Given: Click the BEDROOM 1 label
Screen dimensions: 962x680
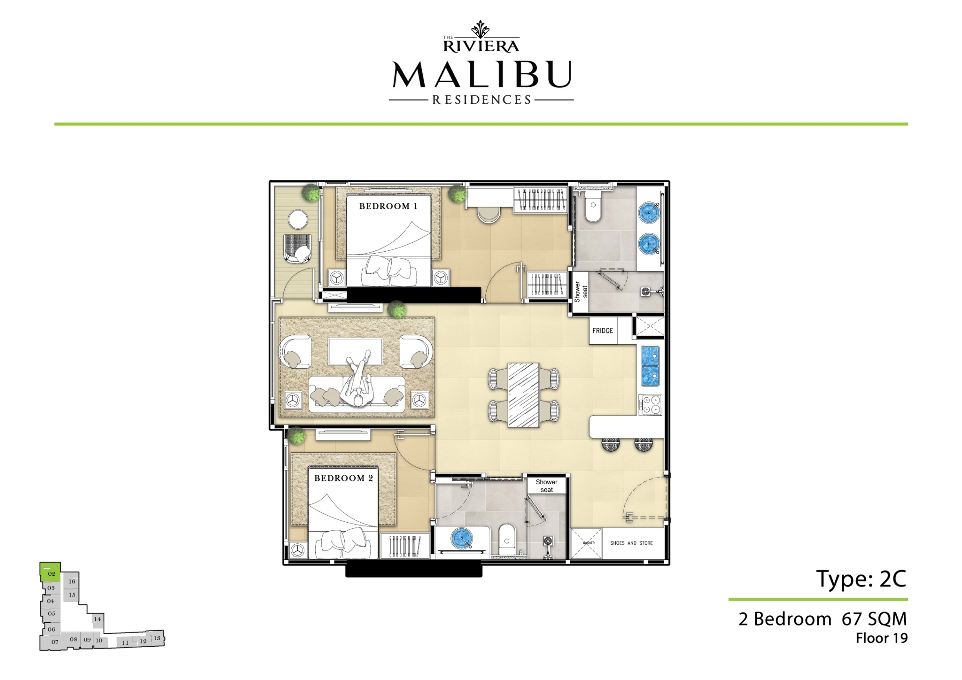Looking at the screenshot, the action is pos(388,206).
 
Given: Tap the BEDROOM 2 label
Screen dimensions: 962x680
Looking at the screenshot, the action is pos(343,479).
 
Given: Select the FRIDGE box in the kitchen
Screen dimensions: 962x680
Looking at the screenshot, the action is pos(603,331).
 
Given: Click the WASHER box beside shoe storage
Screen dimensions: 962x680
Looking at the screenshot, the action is pos(586,543).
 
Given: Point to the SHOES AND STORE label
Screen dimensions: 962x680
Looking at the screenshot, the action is pos(631,543).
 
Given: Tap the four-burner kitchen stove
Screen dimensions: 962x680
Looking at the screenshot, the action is pos(650,404).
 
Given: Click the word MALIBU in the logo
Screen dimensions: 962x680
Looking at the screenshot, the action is pos(481,74).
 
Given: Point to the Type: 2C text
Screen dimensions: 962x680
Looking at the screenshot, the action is pos(861,579).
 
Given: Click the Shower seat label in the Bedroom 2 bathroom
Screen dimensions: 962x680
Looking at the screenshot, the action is pos(547,486).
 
